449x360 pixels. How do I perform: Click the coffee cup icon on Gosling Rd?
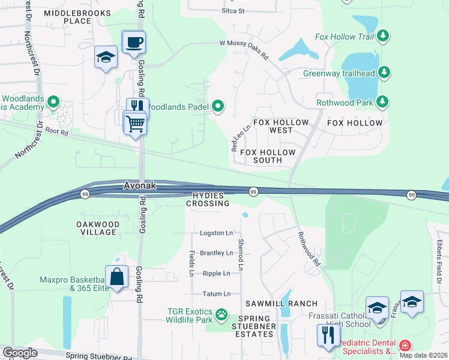[134, 43]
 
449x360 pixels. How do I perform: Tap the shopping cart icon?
[135, 123]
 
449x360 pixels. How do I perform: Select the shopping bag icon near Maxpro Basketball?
[117, 277]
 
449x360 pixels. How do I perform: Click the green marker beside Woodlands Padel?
[218, 107]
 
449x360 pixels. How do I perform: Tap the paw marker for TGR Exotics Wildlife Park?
[221, 313]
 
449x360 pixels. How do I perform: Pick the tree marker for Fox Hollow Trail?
[383, 37]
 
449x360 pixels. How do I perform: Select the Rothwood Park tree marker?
[382, 101]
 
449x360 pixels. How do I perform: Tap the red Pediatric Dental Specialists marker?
[405, 346]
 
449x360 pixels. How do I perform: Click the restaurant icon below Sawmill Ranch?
[328, 335]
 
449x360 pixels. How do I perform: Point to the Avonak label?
[140, 186]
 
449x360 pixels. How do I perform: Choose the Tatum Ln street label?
[217, 294]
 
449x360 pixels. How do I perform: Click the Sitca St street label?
[233, 11]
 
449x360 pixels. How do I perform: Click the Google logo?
[20, 353]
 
